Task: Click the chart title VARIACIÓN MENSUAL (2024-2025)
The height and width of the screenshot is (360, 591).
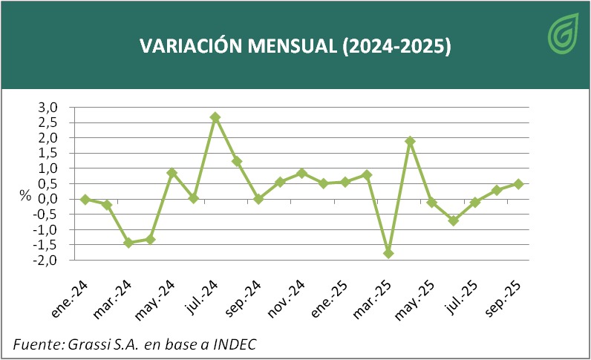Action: click(x=295, y=45)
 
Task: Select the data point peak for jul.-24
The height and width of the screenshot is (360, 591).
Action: click(x=215, y=117)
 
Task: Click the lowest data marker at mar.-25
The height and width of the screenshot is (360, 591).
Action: click(x=388, y=253)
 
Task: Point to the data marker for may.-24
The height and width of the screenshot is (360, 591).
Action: click(x=172, y=173)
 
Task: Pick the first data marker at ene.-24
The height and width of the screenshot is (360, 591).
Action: click(x=85, y=199)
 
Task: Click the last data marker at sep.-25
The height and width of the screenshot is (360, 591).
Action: click(x=518, y=184)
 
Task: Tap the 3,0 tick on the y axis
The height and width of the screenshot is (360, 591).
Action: click(x=49, y=108)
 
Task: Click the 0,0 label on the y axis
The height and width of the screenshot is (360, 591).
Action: click(x=49, y=199)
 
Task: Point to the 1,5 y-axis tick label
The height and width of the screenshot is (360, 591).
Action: click(x=49, y=154)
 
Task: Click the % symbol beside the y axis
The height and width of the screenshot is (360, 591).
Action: click(x=25, y=197)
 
